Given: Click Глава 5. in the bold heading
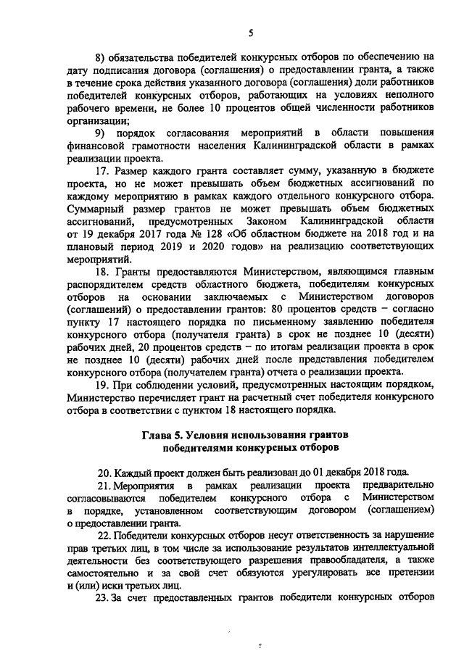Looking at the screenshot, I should [163, 434].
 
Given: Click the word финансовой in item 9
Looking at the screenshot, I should [96, 146].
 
